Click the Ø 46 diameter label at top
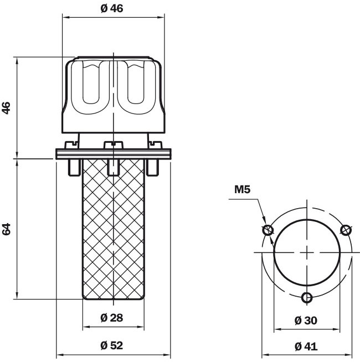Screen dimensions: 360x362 (112, 8)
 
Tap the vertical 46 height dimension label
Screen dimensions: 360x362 (6, 107)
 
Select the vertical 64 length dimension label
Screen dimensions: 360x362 (6, 229)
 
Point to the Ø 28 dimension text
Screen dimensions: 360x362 (112, 318)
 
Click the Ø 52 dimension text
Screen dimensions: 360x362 (112, 345)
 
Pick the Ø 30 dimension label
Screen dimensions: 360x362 (306, 320)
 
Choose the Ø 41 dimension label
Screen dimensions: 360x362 (306, 347)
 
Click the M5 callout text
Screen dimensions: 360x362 (243, 189)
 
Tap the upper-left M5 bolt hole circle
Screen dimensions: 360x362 (268, 230)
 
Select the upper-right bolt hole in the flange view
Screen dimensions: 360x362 (346, 230)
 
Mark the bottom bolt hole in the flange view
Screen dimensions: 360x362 (307, 297)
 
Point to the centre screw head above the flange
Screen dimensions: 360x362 (113, 145)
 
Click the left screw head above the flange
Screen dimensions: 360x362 (71, 145)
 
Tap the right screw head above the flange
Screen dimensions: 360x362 (156, 145)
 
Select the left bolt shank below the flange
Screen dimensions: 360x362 (74, 167)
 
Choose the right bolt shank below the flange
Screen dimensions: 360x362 (153, 167)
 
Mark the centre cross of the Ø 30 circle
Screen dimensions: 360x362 (307, 252)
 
